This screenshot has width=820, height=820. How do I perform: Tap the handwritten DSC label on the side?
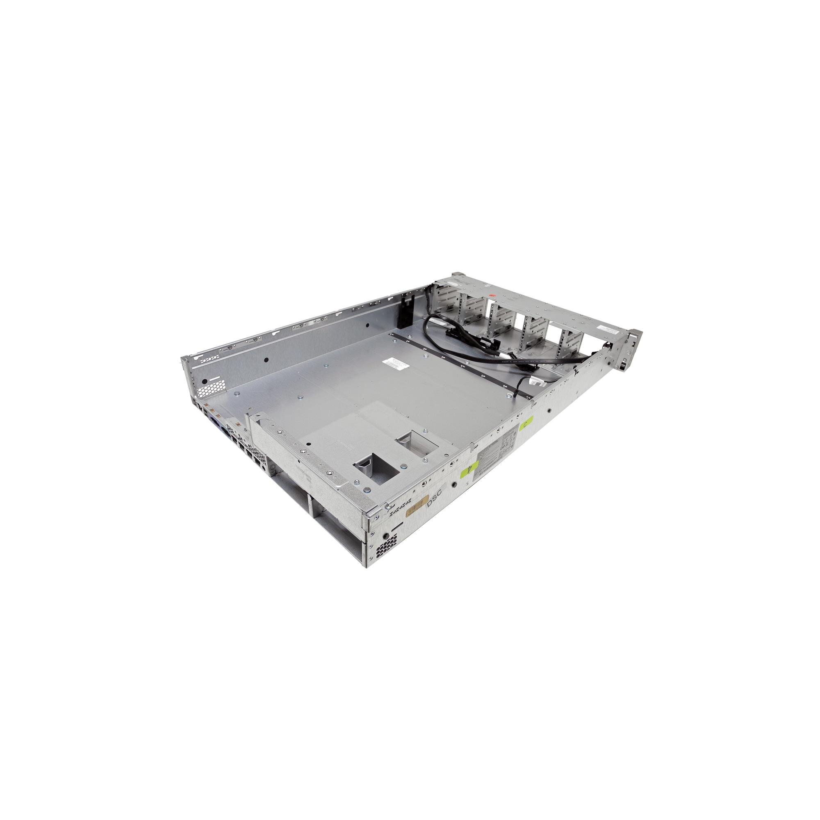point(434,503)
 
